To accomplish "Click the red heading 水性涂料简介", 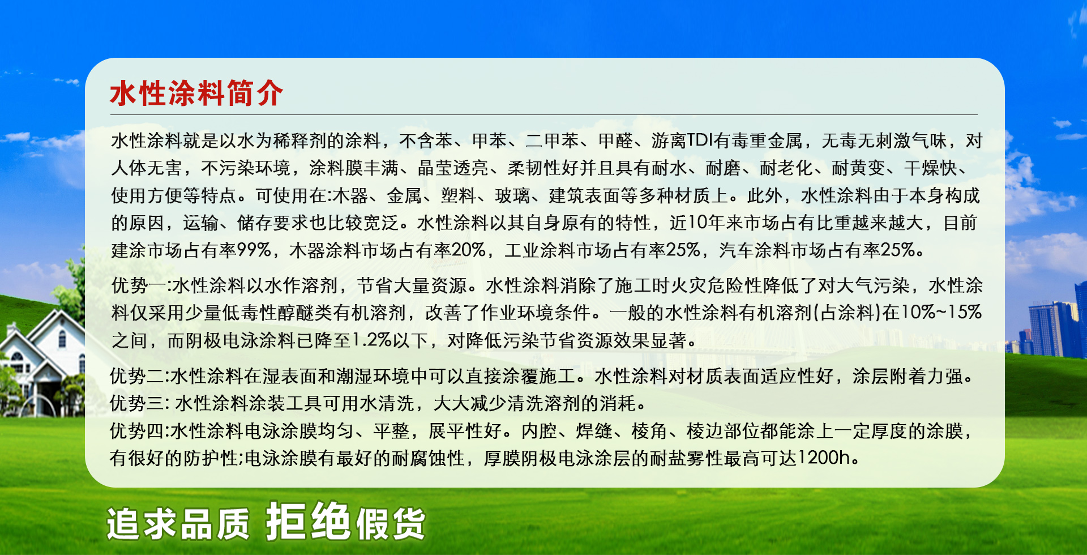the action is (196, 93).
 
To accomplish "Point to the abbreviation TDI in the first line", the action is (700, 140).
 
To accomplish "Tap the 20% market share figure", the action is (469, 250).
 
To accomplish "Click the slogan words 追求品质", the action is (178, 524).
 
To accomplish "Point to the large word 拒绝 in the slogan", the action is (308, 520).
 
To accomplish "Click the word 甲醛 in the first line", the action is (615, 140).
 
